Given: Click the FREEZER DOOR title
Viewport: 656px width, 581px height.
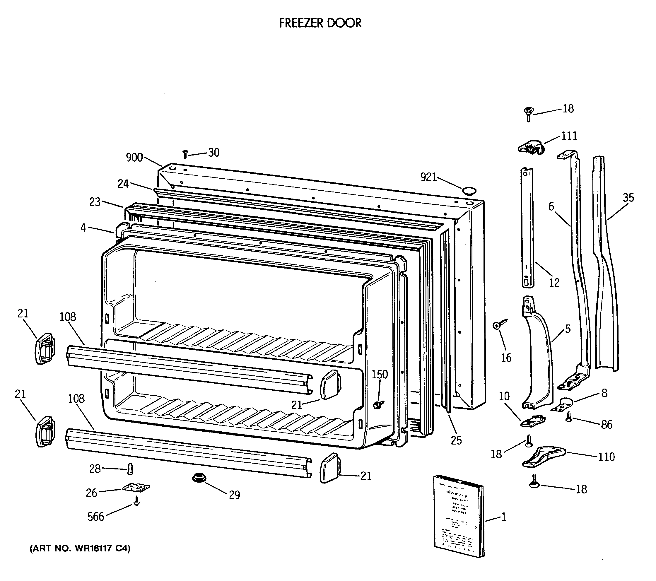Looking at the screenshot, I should tap(320, 23).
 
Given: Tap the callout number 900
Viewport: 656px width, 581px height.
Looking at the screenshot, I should tap(134, 157).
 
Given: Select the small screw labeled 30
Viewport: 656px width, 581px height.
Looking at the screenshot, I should tap(185, 154).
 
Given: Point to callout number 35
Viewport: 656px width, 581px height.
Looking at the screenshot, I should tap(628, 198).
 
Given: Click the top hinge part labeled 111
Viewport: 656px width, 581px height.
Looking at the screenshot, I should tap(531, 148).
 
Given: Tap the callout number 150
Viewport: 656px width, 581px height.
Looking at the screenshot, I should tap(380, 374).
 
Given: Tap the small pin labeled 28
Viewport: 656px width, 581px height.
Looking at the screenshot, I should tap(130, 469).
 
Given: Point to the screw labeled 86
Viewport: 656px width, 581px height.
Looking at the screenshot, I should tap(569, 417).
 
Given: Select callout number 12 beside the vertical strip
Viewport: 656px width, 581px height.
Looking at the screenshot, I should tap(554, 283).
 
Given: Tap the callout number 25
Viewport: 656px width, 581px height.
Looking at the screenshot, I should tap(456, 440).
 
